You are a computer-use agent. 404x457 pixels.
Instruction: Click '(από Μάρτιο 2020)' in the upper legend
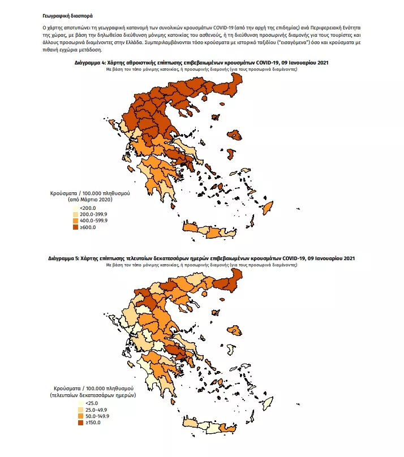(x=91, y=201)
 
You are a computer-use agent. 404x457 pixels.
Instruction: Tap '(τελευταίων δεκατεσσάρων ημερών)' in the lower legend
(x=93, y=396)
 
